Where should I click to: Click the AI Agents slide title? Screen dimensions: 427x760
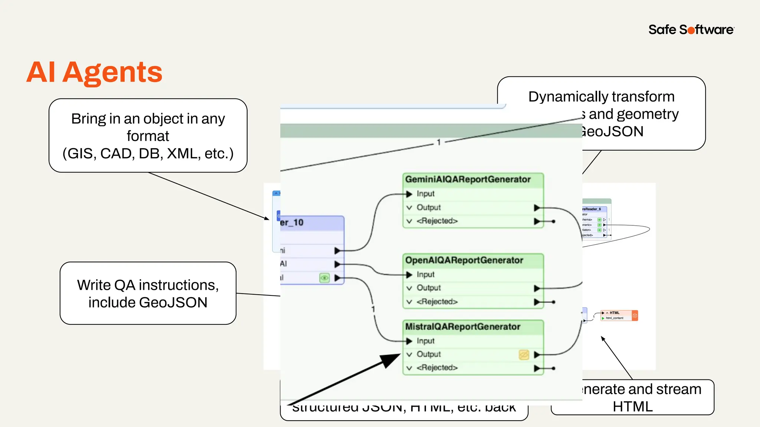pyautogui.click(x=94, y=72)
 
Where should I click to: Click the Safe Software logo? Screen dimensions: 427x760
pyautogui.click(x=691, y=30)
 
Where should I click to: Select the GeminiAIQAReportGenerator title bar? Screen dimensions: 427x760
pyautogui.click(x=468, y=179)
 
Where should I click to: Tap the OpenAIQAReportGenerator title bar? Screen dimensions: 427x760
pyautogui.click(x=464, y=260)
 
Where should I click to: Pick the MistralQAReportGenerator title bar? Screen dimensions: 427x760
pyautogui.click(x=462, y=327)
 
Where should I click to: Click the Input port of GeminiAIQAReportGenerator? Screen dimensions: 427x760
pyautogui.click(x=425, y=194)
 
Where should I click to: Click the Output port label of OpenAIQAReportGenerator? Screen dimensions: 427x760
pyautogui.click(x=429, y=288)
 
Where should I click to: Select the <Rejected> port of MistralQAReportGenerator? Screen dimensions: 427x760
pyautogui.click(x=437, y=368)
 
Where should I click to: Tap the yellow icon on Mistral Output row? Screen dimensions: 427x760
pyautogui.click(x=524, y=355)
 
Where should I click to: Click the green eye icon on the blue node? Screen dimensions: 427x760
pyautogui.click(x=324, y=278)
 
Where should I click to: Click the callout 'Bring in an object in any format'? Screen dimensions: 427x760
pyautogui.click(x=148, y=136)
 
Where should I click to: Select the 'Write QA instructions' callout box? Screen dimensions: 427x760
pyautogui.click(x=148, y=293)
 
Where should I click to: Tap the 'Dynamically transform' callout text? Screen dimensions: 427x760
pyautogui.click(x=601, y=97)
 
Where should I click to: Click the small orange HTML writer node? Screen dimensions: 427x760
pyautogui.click(x=619, y=315)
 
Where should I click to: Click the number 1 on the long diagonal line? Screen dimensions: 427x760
pyautogui.click(x=439, y=142)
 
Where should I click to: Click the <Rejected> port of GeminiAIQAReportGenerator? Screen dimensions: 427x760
pyautogui.click(x=437, y=221)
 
